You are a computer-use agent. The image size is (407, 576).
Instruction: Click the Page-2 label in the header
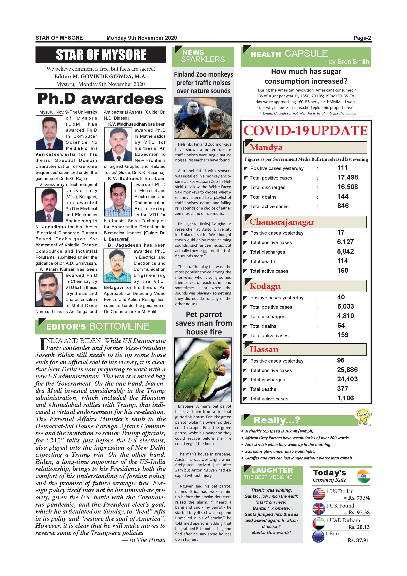[x=362, y=38]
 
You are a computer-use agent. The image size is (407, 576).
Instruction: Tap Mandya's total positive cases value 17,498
[x=347, y=177]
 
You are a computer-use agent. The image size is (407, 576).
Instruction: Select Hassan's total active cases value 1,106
[x=345, y=398]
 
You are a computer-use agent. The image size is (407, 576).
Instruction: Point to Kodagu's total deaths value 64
[x=341, y=326]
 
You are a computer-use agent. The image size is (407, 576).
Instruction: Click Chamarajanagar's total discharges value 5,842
[x=345, y=251]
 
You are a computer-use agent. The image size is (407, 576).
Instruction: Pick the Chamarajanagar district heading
[x=282, y=222]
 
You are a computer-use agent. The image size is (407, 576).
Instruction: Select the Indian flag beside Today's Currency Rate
[x=363, y=476]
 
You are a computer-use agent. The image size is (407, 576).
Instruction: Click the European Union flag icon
[x=318, y=537]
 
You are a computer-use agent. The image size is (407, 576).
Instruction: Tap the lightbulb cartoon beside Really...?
[x=363, y=416]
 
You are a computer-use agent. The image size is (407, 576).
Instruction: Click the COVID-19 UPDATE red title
[x=306, y=131]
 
